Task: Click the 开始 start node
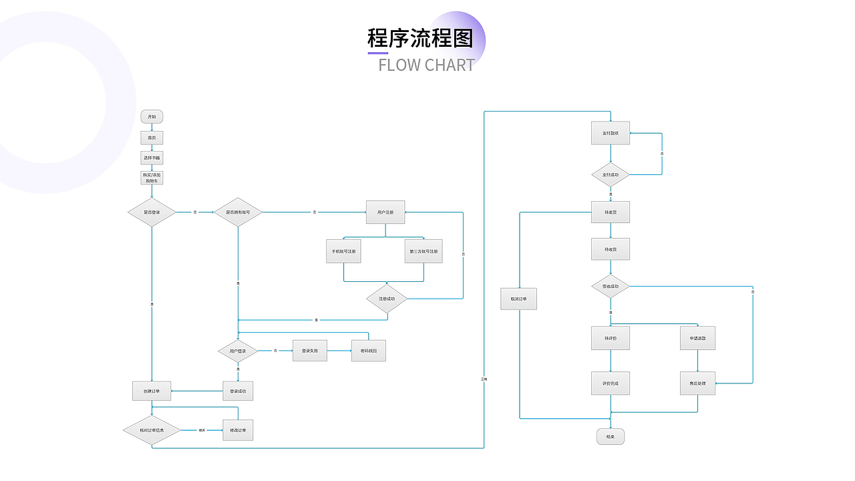152,117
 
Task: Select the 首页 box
152,138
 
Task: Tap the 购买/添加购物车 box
152,178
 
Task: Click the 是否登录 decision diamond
152,212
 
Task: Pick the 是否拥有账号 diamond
238,212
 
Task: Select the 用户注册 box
385,212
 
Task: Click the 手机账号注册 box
343,251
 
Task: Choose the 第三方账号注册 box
423,251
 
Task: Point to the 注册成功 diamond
387,299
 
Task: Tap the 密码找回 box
369,351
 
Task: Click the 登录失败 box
310,351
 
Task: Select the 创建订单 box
152,391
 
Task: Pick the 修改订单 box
238,430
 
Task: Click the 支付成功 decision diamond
611,175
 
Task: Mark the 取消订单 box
519,299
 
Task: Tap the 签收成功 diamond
611,286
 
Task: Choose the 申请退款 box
698,338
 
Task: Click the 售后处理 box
698,383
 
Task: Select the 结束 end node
611,437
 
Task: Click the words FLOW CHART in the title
426,65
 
